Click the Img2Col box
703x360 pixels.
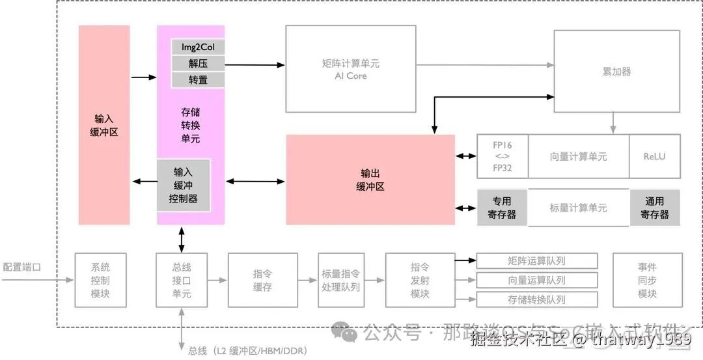pos(198,47)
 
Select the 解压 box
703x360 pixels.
pos(198,64)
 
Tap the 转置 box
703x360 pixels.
pos(198,80)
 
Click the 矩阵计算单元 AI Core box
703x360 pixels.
pos(351,69)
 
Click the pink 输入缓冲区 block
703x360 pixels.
pos(104,125)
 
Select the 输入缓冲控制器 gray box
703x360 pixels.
pos(184,186)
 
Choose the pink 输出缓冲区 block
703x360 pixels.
pos(370,180)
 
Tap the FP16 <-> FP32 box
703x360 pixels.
pos(502,156)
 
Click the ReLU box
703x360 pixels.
pos(654,156)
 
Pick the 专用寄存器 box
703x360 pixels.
pos(502,208)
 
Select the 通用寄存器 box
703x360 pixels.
pos(654,208)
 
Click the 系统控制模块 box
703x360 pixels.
pos(100,280)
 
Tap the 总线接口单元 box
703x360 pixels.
pos(182,280)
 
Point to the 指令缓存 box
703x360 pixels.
pos(262,280)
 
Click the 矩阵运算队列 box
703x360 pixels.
pos(537,261)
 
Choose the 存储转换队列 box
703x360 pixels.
pos(537,299)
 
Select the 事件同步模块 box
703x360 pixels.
pos(648,280)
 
